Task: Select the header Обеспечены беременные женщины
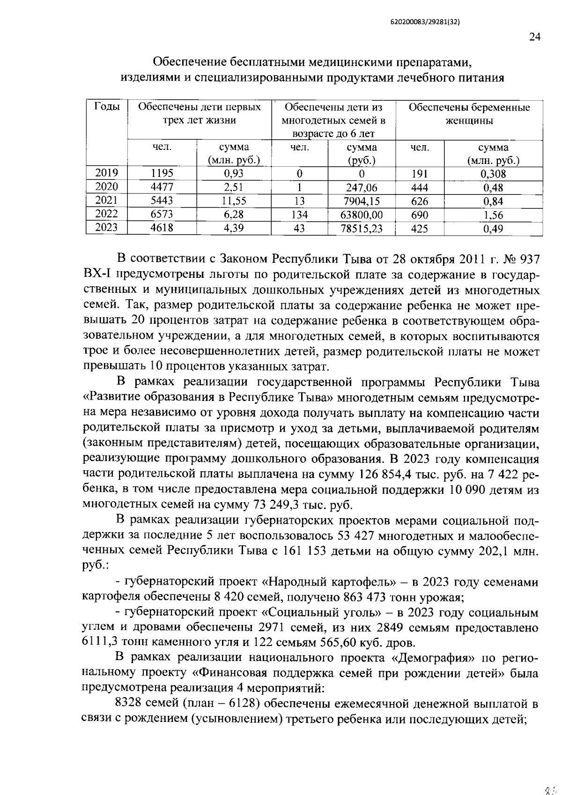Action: (x=469, y=114)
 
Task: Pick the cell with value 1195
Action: (x=162, y=173)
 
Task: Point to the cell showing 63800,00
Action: (x=362, y=215)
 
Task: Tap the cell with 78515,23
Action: (x=362, y=229)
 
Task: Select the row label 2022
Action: (x=106, y=214)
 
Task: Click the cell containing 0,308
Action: (x=493, y=174)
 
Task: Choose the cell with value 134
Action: (x=299, y=215)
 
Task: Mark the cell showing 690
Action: (x=419, y=215)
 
